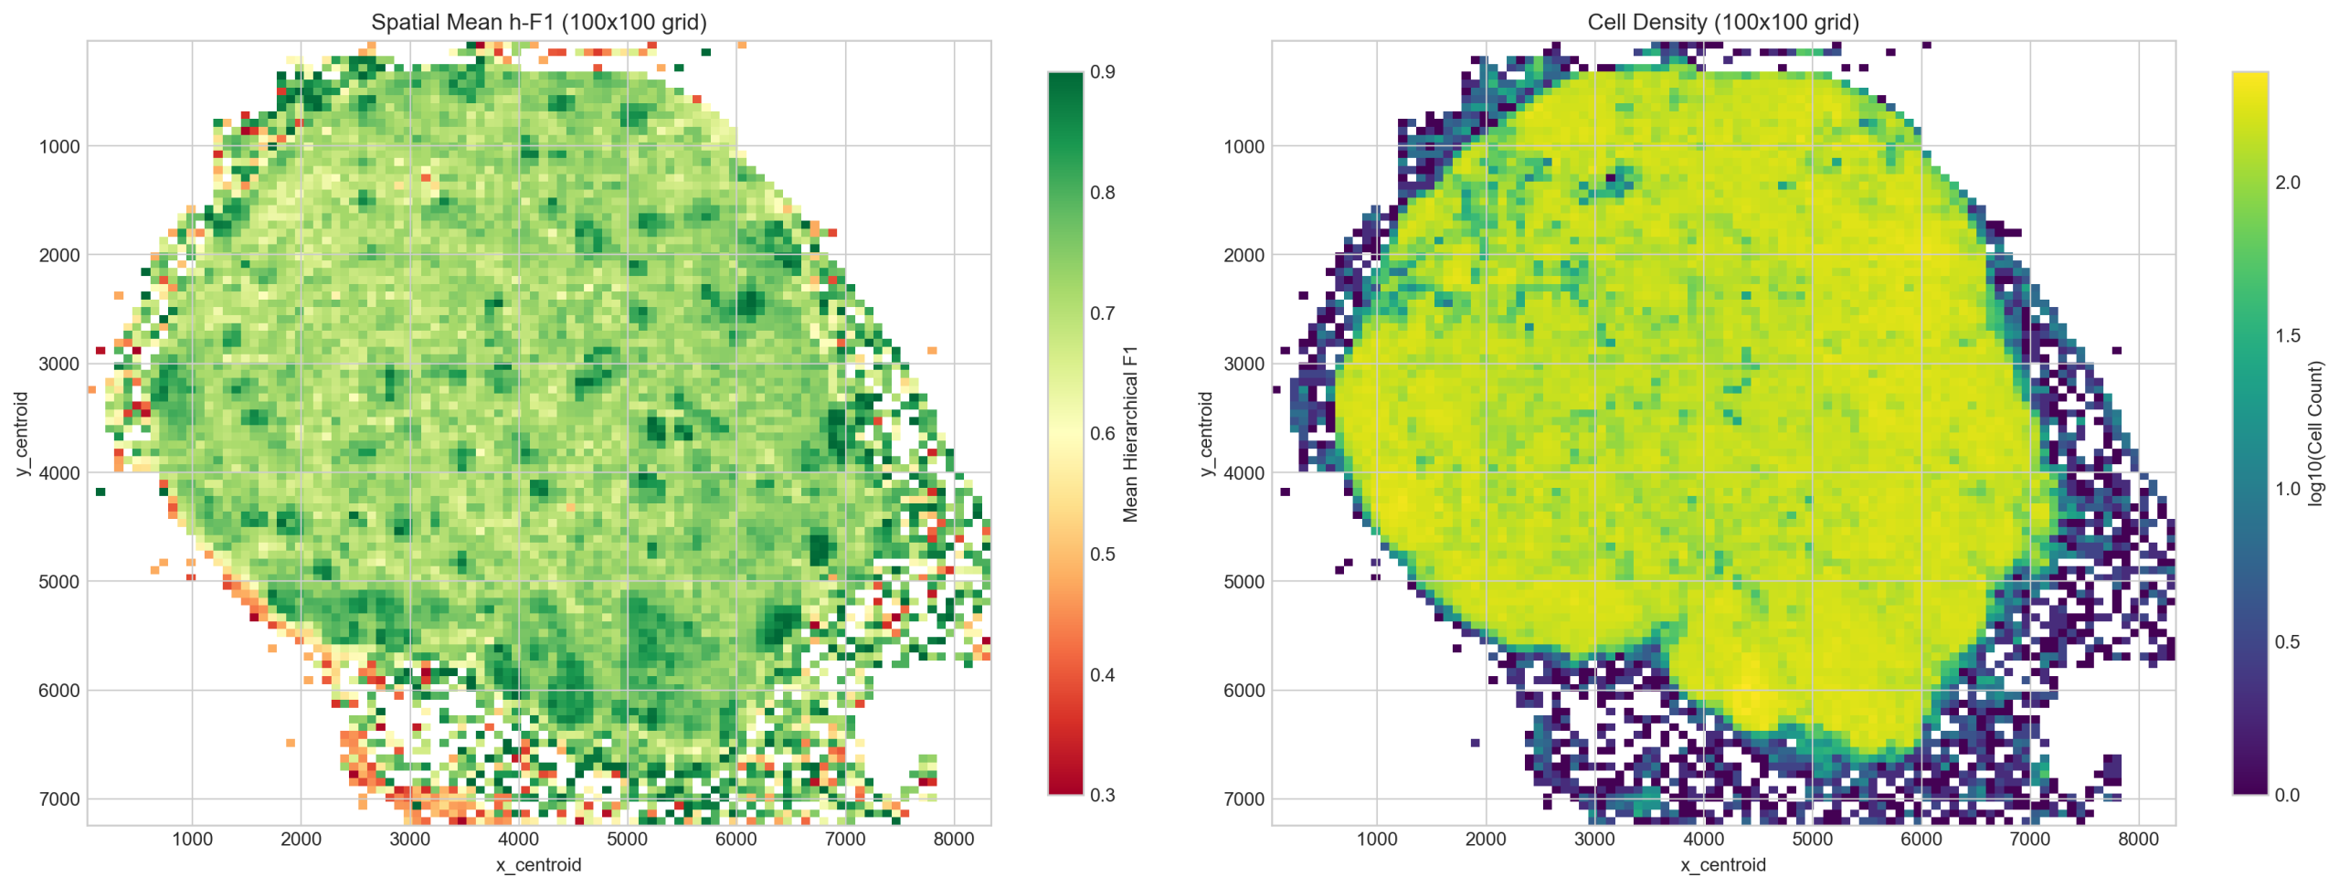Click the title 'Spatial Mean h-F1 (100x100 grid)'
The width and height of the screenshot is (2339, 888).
tap(538, 22)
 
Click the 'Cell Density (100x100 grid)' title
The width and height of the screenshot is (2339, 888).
tap(1722, 22)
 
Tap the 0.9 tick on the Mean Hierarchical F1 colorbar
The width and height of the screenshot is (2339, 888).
tap(1102, 72)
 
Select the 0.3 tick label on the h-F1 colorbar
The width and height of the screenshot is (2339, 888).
tap(1102, 795)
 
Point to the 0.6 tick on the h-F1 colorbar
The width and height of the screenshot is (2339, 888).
tap(1102, 433)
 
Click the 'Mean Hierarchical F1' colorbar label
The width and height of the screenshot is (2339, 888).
tap(1130, 434)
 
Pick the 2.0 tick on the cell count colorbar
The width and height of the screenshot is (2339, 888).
tap(2287, 183)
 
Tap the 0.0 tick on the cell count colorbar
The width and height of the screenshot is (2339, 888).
tap(2287, 795)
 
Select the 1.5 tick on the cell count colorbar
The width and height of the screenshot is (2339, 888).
tap(2287, 335)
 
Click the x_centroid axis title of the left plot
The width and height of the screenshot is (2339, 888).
tap(538, 864)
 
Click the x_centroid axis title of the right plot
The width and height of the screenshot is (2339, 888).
tap(1722, 864)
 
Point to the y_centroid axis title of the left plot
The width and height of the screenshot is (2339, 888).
tap(22, 434)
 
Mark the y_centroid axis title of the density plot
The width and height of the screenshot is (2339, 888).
tap(1206, 434)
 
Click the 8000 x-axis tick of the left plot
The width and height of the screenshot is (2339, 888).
tap(954, 840)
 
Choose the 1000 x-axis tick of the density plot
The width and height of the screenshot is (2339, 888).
tap(1376, 840)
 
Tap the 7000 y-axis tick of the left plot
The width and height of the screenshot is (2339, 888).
tap(59, 799)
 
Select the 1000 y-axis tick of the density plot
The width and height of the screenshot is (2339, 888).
tap(1244, 146)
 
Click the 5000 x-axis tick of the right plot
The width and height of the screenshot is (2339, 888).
tap(1812, 840)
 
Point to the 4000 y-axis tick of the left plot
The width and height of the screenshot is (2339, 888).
tap(59, 473)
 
